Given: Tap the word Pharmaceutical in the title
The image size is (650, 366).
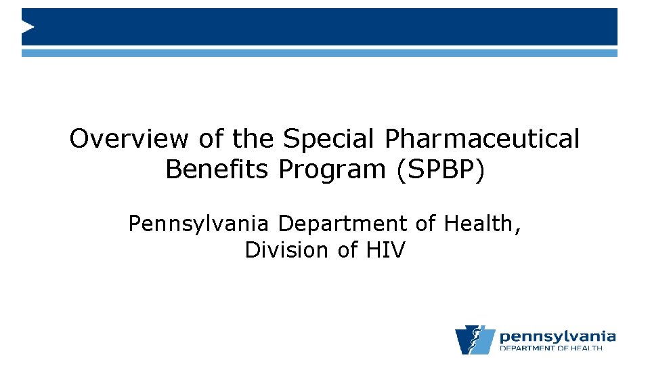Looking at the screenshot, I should pyautogui.click(x=482, y=139).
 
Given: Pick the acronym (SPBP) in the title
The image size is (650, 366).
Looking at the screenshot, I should pyautogui.click(x=440, y=169).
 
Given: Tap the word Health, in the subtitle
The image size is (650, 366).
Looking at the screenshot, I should pyautogui.click(x=483, y=224).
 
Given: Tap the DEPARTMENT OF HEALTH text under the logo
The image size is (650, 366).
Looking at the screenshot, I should pyautogui.click(x=550, y=348).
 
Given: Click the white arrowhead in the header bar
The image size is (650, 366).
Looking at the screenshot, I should pyautogui.click(x=28, y=27).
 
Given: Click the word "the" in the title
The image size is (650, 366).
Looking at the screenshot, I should pyautogui.click(x=253, y=139).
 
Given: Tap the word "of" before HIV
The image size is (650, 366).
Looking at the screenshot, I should pyautogui.click(x=348, y=250).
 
